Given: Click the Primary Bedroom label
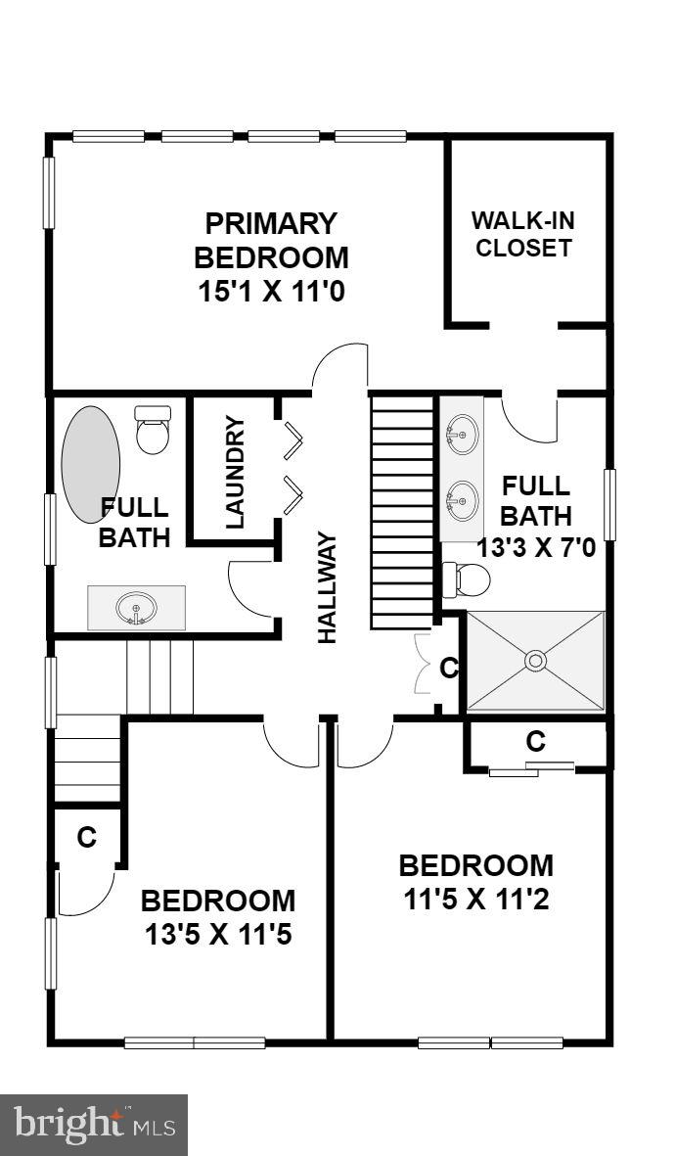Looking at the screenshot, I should tap(271, 240).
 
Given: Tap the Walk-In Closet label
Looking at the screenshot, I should tap(522, 233).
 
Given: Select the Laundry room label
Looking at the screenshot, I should tap(236, 473).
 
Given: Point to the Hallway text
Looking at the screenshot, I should tap(327, 587).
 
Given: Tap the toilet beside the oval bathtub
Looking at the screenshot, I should tap(152, 430).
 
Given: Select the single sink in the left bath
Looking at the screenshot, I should tap(137, 609).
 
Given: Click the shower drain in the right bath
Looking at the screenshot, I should tap(535, 661).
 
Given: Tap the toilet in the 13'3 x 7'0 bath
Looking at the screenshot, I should tap(467, 580).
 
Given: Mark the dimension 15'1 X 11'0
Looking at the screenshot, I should tap(271, 292).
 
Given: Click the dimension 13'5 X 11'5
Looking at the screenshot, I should tap(218, 935).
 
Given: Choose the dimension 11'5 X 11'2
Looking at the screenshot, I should tap(476, 899).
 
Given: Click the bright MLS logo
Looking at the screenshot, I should tap(94, 1125).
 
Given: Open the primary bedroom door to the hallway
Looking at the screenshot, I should tap(339, 367).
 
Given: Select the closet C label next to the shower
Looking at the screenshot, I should tap(449, 669).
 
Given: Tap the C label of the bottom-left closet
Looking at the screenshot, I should tap(86, 837).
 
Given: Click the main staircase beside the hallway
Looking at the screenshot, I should tap(402, 512).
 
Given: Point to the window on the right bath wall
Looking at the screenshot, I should tap(610, 504).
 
